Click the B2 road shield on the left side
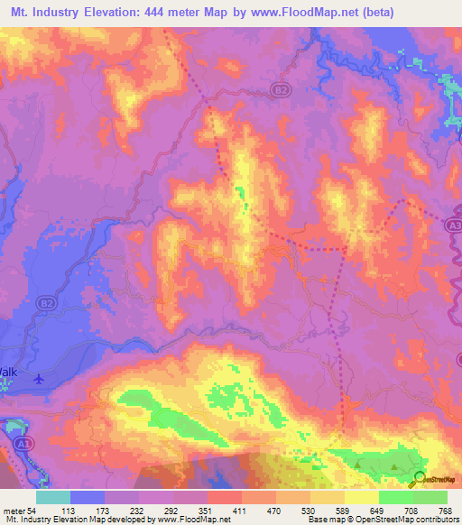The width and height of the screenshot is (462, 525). pos(46,306)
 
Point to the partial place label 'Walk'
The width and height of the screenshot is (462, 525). pos(8,372)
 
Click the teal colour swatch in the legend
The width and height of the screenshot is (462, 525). pos(53,498)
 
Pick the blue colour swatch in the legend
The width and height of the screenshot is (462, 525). pos(88,498)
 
